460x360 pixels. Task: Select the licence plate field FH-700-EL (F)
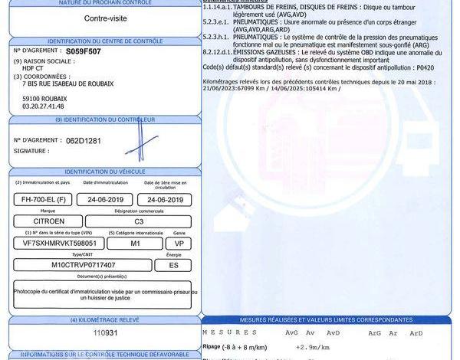pyautogui.click(x=42, y=199)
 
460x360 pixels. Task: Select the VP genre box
pyautogui.click(x=179, y=243)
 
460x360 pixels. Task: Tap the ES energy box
pyautogui.click(x=173, y=264)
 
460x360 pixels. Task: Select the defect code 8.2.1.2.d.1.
pyautogui.click(x=219, y=51)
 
